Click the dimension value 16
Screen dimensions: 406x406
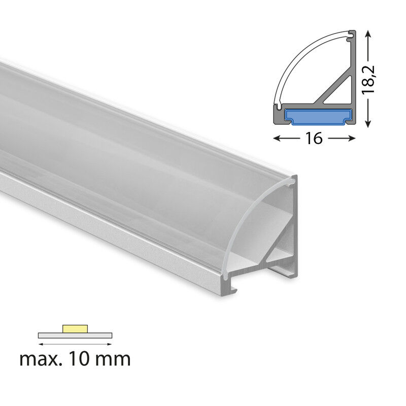coord(314,138)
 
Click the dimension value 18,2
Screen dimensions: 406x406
coord(368,80)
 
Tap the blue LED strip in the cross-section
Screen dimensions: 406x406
coord(319,116)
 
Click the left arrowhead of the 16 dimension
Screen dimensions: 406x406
coord(277,138)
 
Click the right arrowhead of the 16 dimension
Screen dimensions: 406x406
coord(351,138)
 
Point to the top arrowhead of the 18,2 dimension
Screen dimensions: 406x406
coord(368,34)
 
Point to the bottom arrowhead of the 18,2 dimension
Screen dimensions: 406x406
coord(368,123)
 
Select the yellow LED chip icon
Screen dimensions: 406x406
coord(75,328)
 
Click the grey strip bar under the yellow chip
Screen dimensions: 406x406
coord(75,335)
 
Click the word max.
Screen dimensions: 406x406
coord(41,359)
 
